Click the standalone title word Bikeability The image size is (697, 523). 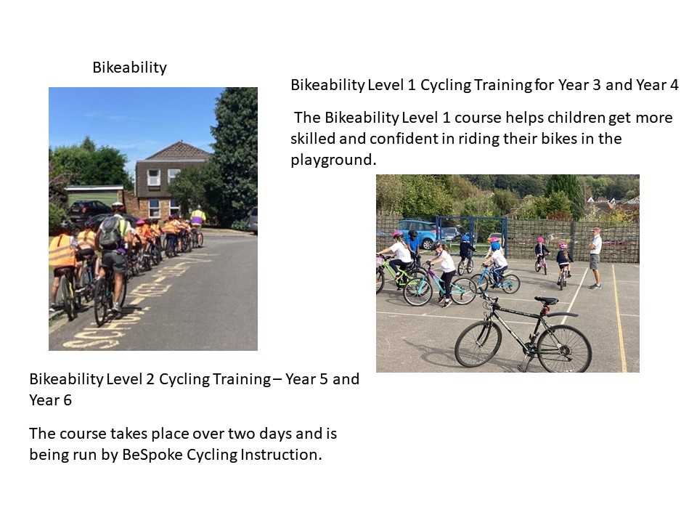coord(129,68)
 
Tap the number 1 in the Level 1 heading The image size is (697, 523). coord(411,85)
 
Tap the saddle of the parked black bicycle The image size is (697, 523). coord(546,300)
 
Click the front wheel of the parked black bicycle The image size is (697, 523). coord(478,344)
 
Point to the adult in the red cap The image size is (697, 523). coord(595,259)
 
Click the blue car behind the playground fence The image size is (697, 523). coord(419,232)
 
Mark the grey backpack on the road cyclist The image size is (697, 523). coord(110,232)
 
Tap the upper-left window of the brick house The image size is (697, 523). coord(153,177)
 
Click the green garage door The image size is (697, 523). coord(94,198)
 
